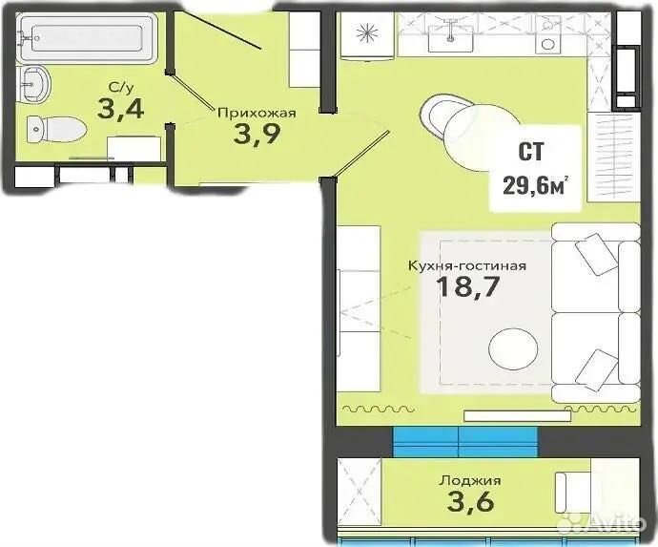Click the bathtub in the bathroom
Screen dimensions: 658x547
[x=87, y=38]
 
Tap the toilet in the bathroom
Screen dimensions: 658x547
[x=56, y=129]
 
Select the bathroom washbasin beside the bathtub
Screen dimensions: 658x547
[x=34, y=84]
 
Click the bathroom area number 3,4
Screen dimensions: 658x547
[x=120, y=108]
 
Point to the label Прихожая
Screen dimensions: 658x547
[x=257, y=113]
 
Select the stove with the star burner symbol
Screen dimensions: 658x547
[x=367, y=34]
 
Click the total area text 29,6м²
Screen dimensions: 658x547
[x=536, y=185]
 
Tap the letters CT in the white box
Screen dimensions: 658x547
[x=531, y=152]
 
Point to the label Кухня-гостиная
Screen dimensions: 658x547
[x=467, y=266]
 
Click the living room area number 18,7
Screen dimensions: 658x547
[x=468, y=287]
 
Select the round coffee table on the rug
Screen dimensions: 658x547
[x=513, y=348]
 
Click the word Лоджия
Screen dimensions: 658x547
[x=470, y=480]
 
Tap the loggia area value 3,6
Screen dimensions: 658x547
[x=470, y=501]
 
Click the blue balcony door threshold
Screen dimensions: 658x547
[x=465, y=442]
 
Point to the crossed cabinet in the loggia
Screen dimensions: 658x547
[x=360, y=492]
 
